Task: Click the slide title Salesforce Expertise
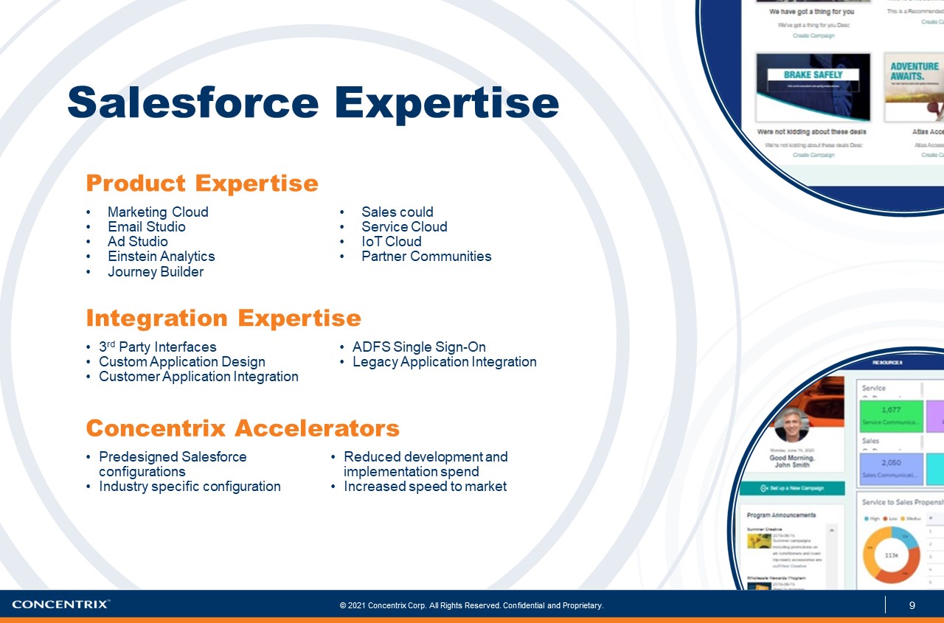(313, 102)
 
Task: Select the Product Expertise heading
(202, 183)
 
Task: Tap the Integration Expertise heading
(223, 318)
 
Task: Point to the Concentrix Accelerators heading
(243, 428)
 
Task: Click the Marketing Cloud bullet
(158, 212)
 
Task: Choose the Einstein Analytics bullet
(161, 257)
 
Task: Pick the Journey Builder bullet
(155, 272)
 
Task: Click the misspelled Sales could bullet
(397, 212)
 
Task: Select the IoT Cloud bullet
(391, 242)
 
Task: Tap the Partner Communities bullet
(426, 257)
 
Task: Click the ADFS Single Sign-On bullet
(418, 347)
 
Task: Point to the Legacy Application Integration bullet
(444, 362)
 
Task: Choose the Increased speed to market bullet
(425, 487)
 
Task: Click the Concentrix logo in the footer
(61, 605)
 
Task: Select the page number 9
(912, 606)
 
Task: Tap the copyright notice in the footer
(471, 606)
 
